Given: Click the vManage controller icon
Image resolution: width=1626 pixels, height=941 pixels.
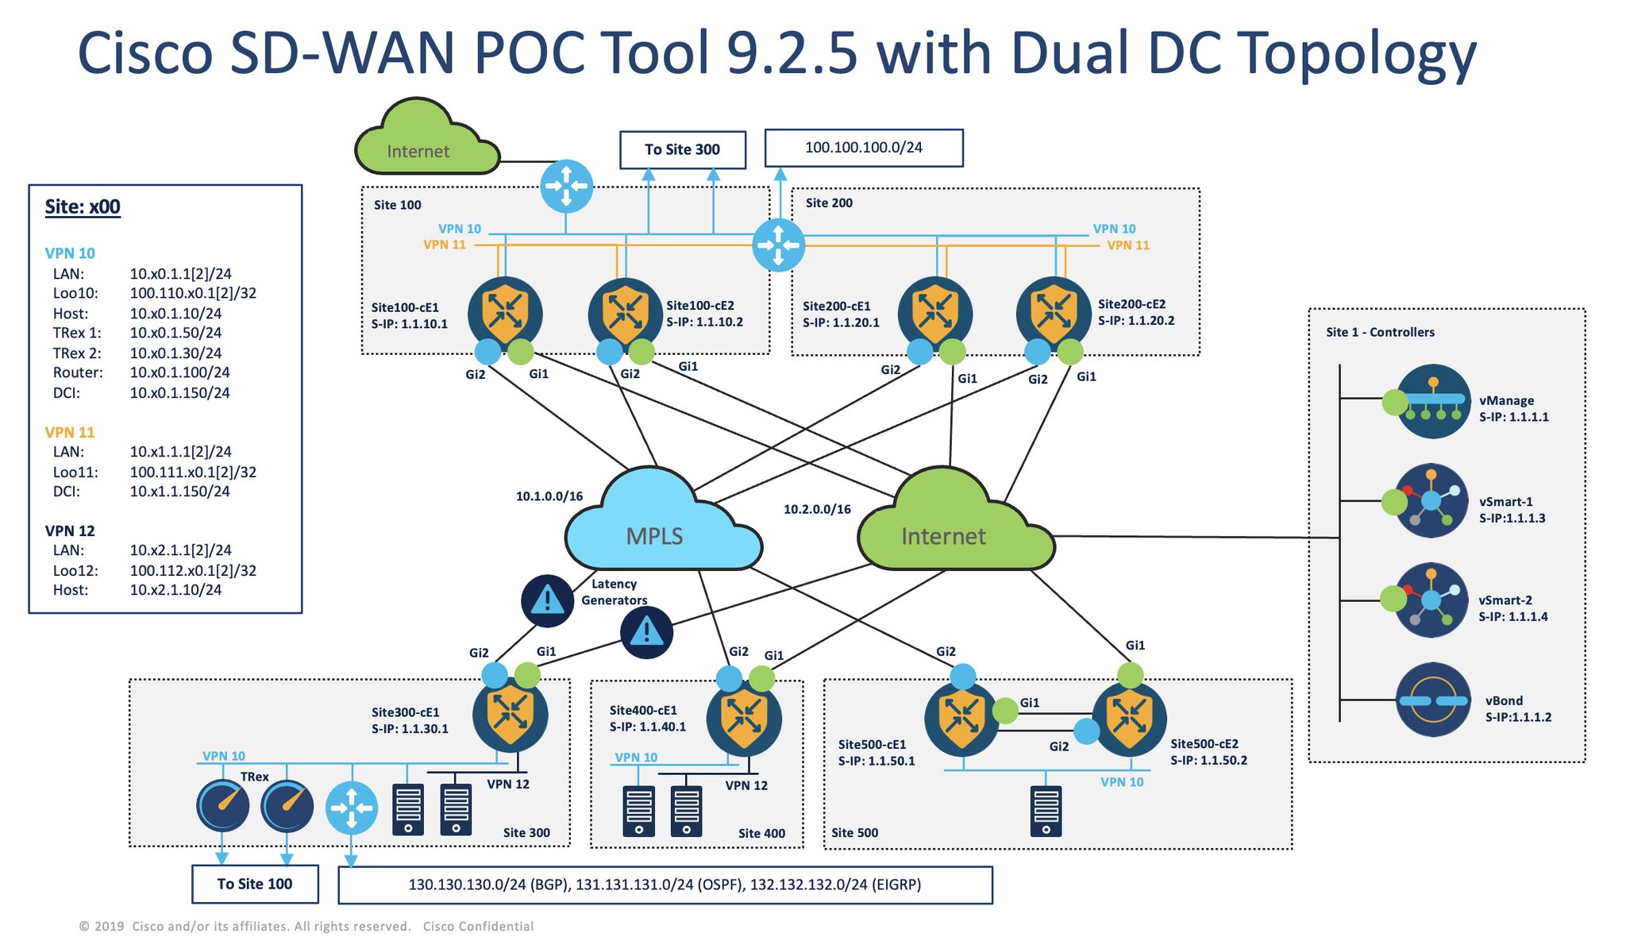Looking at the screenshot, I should click(x=1433, y=401).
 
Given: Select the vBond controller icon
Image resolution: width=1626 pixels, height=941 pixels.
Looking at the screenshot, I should click(x=1433, y=700).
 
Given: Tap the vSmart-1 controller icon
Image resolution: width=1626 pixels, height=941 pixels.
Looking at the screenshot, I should click(x=1431, y=500).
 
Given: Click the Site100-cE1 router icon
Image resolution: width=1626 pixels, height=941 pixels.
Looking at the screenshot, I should click(x=505, y=313).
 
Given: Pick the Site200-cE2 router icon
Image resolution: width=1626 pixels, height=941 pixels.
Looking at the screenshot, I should click(x=1054, y=313).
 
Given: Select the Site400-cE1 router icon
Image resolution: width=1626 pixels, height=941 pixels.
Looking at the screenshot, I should click(x=744, y=719).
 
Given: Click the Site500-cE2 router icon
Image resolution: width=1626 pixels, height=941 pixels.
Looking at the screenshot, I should click(x=1129, y=719).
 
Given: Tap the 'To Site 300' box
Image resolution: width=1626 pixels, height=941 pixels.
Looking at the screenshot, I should click(x=682, y=149).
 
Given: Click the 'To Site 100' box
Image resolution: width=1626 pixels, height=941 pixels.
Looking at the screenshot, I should click(x=255, y=884).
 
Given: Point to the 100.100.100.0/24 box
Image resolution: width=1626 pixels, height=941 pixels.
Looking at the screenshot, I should click(x=864, y=148).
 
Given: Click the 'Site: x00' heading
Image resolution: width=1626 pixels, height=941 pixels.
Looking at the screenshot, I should click(x=83, y=207).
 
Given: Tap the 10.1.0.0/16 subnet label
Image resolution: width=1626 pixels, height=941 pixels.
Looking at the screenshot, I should click(x=549, y=496).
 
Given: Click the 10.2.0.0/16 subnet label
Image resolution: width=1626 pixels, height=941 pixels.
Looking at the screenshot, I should click(x=817, y=509).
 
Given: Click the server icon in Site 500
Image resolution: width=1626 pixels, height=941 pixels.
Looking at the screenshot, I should click(x=1046, y=811).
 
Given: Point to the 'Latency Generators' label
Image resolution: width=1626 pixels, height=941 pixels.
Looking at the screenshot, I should click(x=614, y=592).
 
